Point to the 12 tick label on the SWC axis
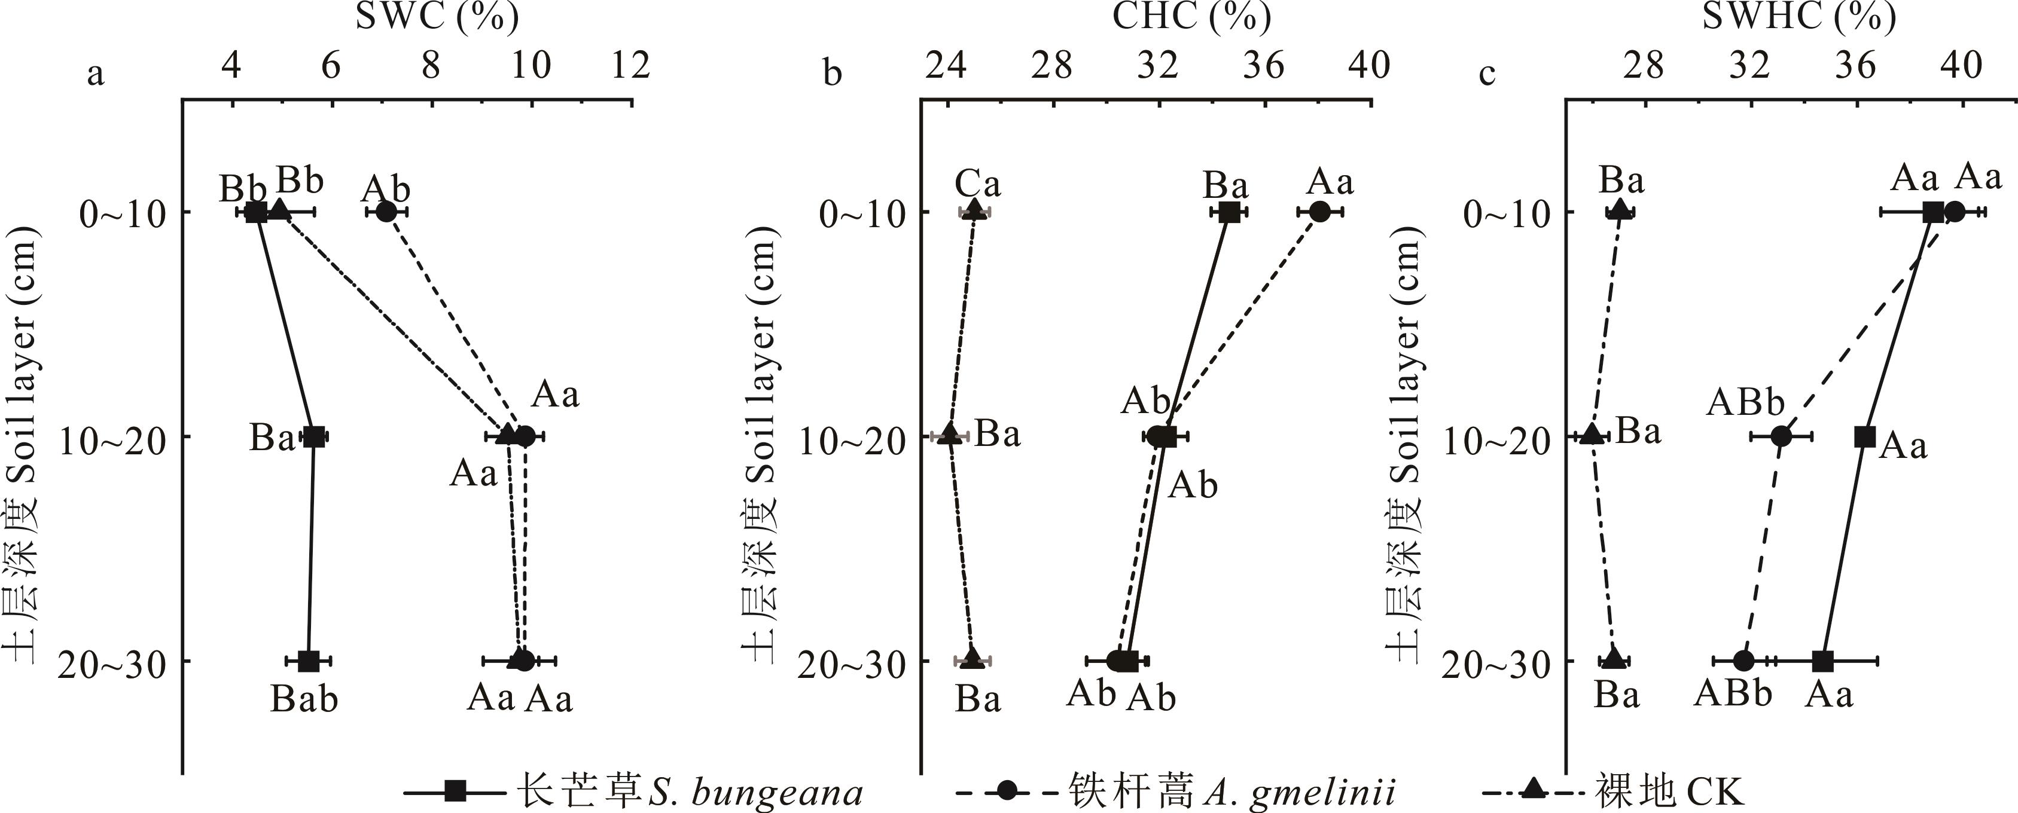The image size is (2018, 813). coord(630,66)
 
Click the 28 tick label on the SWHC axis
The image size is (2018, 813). coord(1644,66)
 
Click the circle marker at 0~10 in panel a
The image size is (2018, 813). coord(385,212)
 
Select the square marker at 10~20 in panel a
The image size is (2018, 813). coord(313,436)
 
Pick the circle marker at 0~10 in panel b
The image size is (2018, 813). coord(1320,212)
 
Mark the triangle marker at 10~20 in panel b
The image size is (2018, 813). coord(949,435)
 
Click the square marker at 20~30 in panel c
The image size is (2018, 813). coord(1823,661)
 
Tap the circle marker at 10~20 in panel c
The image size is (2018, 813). coord(1781,436)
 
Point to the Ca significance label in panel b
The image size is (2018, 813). coord(978,185)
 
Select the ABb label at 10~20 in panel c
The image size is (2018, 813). coord(1745,402)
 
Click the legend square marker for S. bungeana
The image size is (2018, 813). coord(455,792)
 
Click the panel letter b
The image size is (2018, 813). coord(833,74)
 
